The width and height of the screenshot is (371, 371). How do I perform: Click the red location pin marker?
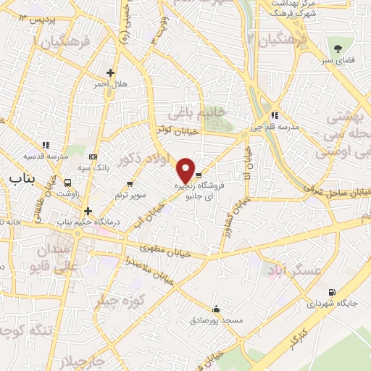[x=186, y=170]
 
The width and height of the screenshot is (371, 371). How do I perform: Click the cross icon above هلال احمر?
[x=110, y=72]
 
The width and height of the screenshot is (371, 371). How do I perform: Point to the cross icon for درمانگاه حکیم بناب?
[x=88, y=211]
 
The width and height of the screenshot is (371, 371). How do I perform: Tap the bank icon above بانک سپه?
[x=93, y=157]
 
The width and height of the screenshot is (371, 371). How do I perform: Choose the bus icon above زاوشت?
[x=68, y=183]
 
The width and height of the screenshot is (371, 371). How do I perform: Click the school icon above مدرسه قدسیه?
[x=46, y=144]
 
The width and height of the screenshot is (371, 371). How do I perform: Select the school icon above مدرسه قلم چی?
[x=275, y=114]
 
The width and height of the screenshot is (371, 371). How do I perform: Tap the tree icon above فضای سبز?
[x=338, y=49]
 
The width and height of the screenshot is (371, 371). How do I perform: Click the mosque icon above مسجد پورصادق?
[x=215, y=308]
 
